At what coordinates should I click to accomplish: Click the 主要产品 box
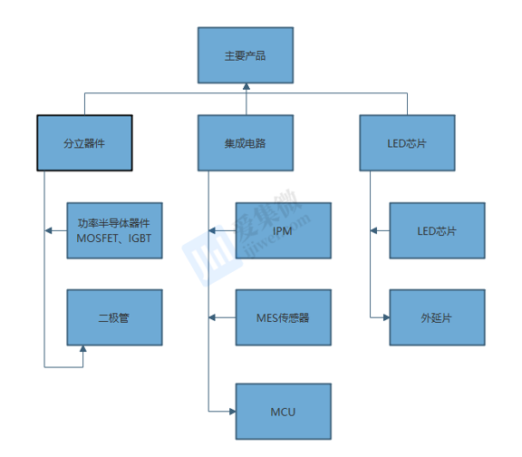coord(246,55)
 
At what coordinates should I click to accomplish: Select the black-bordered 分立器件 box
coord(84,143)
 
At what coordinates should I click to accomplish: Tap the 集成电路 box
coord(246,143)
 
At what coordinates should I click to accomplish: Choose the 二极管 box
coord(114,317)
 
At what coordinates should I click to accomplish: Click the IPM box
coord(284,230)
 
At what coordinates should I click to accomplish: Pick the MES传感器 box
coord(284,317)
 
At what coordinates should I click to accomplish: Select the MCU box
coord(284,412)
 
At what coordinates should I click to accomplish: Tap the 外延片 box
coord(438,317)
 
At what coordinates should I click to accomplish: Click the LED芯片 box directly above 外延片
coord(438,230)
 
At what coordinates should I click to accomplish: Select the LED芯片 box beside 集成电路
coord(408,143)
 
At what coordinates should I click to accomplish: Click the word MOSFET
coord(97,238)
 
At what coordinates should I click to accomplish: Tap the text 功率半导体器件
coord(114,223)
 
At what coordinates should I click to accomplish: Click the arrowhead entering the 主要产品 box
coord(246,87)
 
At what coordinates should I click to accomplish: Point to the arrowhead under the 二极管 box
coord(82,349)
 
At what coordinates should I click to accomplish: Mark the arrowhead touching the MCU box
coord(232,412)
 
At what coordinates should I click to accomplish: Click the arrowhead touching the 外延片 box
coord(386,317)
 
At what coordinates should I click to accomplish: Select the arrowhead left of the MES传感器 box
coord(212,317)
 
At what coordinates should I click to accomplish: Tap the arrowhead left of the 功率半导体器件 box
coord(48,230)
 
